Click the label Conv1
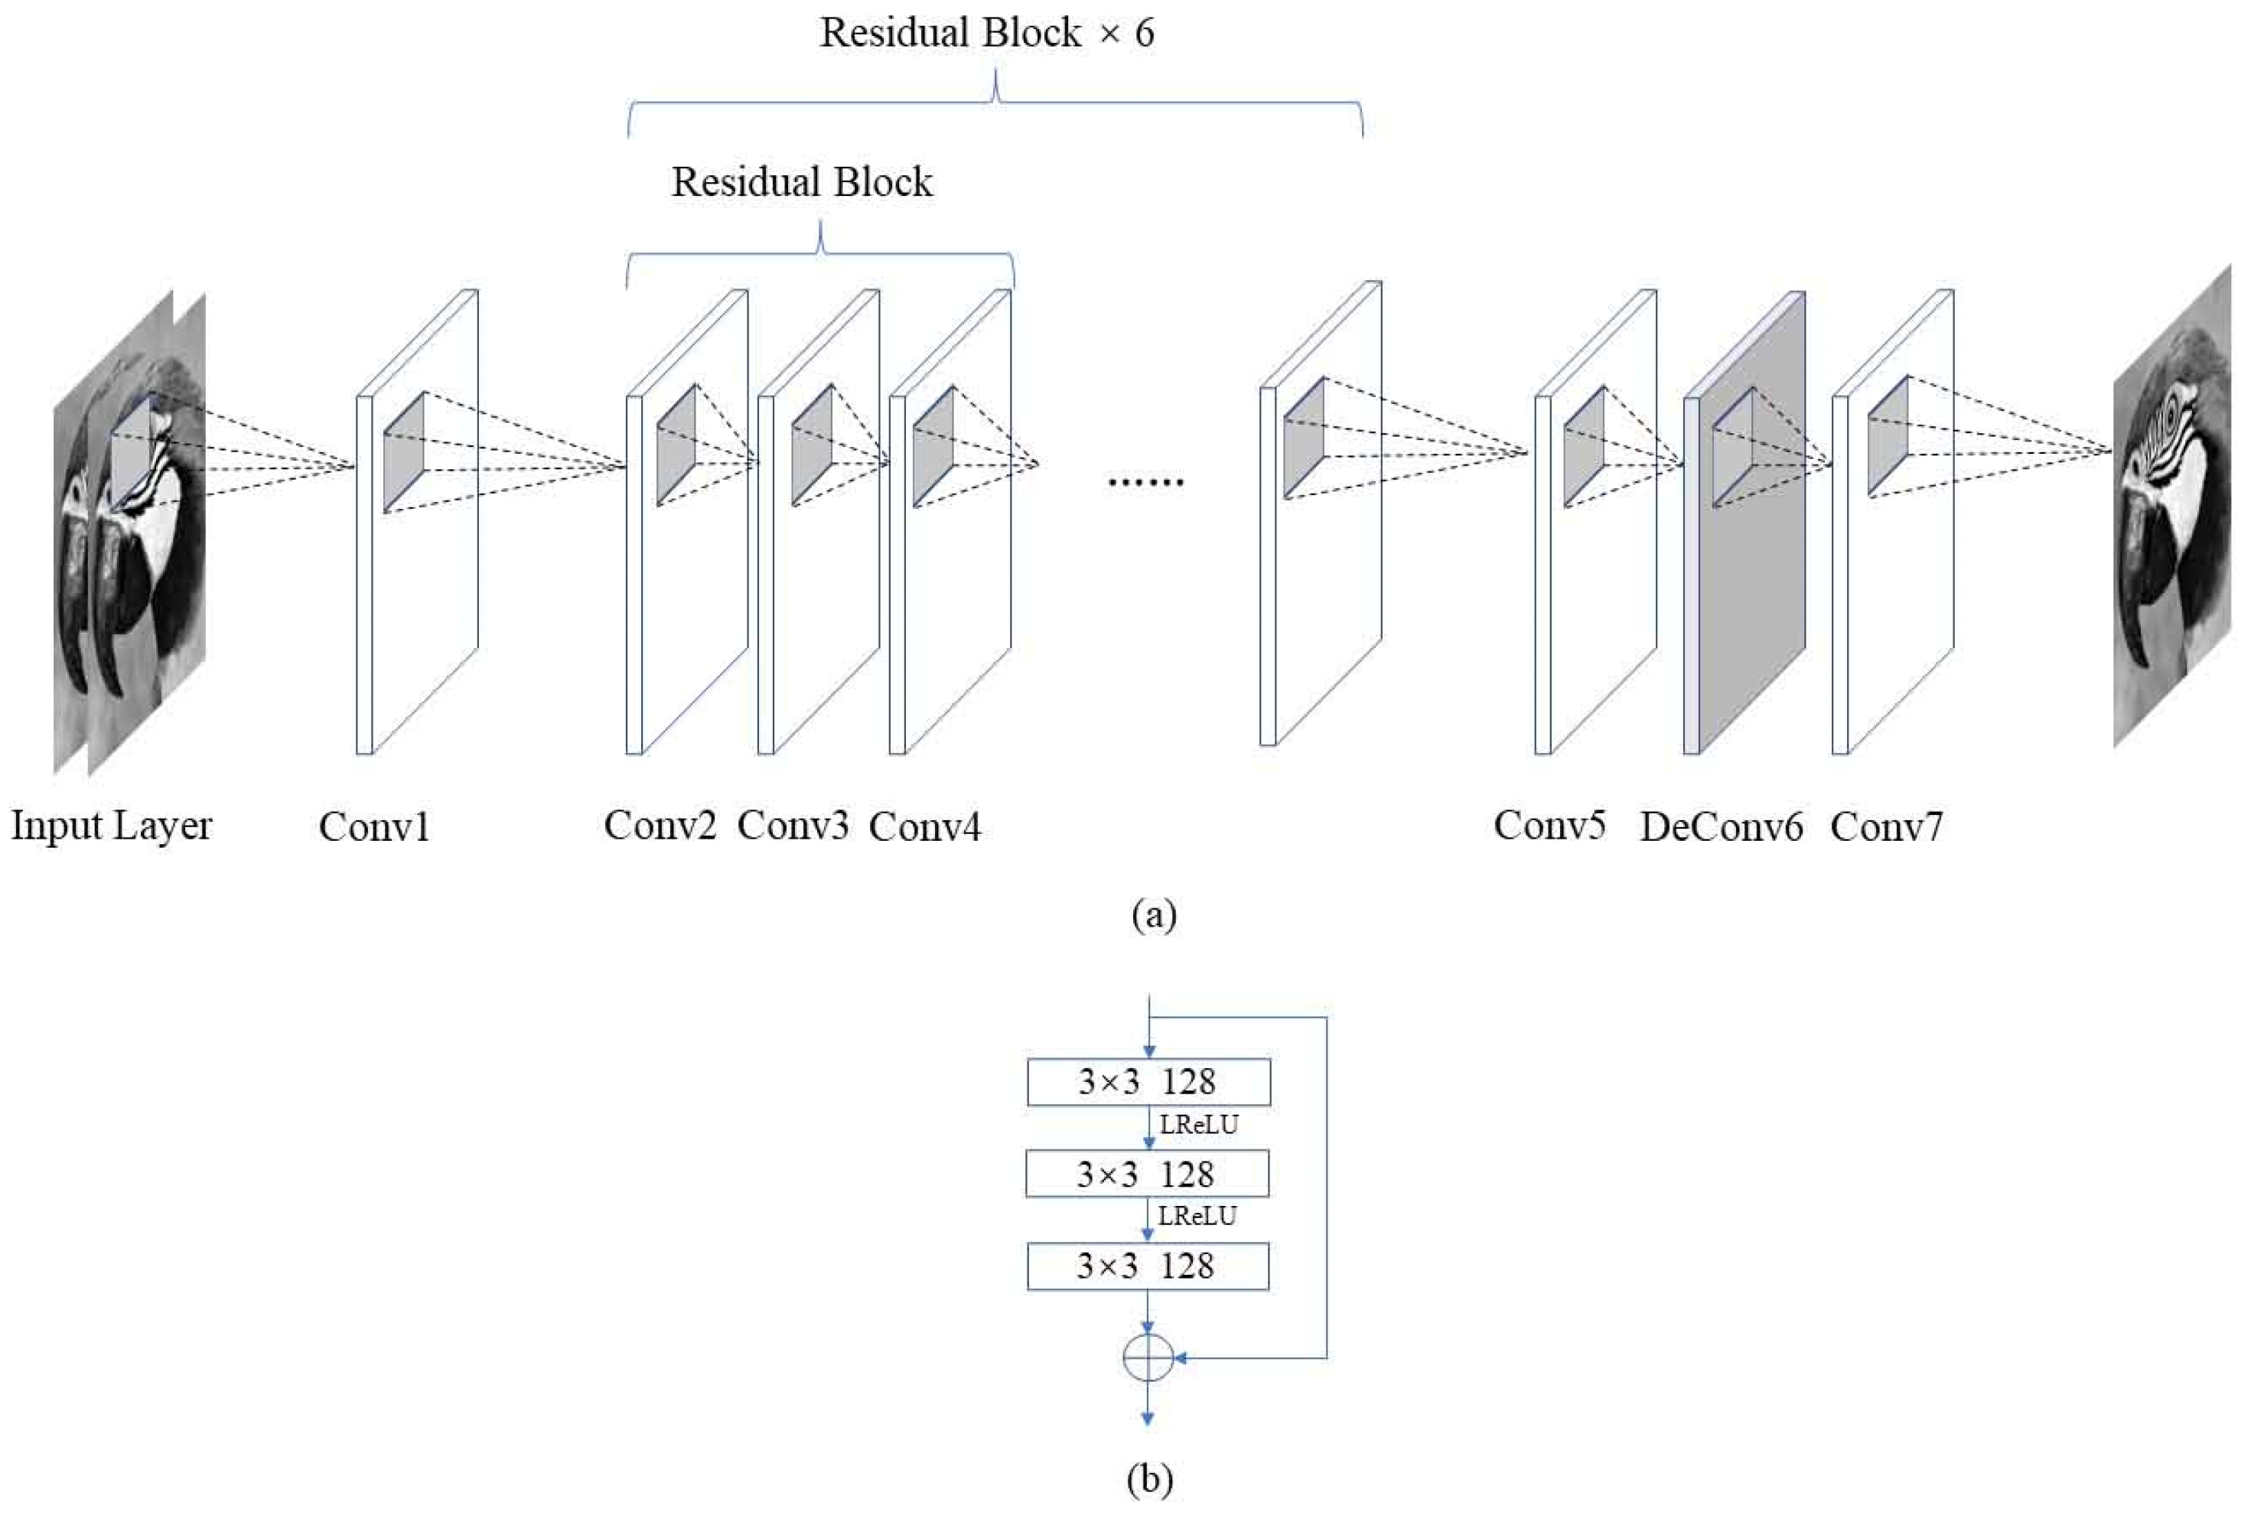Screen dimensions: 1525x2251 tap(374, 826)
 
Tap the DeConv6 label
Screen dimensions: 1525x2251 tap(1720, 826)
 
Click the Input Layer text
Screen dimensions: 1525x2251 tap(112, 826)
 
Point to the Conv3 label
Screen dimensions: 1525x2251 tap(793, 826)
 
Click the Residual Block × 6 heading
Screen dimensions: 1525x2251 tap(986, 33)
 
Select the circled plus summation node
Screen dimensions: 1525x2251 tap(1148, 1357)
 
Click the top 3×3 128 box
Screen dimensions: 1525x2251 tap(1148, 1081)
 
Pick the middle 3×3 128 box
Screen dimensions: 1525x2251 tap(1148, 1173)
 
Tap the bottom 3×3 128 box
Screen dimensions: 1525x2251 tap(1148, 1266)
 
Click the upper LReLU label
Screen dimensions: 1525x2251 tap(1199, 1125)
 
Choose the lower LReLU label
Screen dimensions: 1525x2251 tap(1197, 1216)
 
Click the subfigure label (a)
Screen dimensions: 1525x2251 tap(1154, 914)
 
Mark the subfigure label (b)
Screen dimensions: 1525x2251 tap(1150, 1478)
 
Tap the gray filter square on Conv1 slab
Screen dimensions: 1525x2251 tap(404, 452)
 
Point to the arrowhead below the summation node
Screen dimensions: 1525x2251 tap(1148, 1419)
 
